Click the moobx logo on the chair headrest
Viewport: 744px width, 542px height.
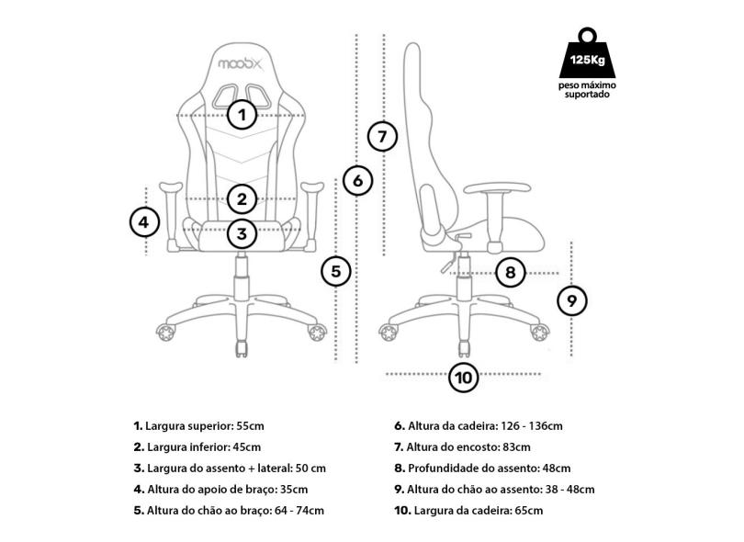tap(240, 63)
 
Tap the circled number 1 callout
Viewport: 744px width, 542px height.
tap(242, 115)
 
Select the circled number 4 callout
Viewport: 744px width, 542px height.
tap(145, 221)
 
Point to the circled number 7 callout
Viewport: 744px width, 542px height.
tap(382, 137)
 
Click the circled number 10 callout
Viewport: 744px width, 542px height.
tap(464, 378)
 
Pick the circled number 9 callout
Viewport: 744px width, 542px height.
tap(571, 301)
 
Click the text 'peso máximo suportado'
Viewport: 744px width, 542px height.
tap(588, 90)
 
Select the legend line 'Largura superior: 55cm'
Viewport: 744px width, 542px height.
tap(198, 425)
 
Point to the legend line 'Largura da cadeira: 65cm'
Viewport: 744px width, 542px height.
tap(468, 511)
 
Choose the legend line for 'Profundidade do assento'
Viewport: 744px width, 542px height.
tap(482, 469)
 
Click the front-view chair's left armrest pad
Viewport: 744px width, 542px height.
tap(171, 186)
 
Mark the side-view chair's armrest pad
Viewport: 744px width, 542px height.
tap(497, 188)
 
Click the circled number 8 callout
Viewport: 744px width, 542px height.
tap(510, 273)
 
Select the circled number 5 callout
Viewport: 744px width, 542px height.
tap(336, 272)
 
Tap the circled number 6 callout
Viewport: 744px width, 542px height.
tap(358, 180)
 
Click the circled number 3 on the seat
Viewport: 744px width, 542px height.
tap(242, 233)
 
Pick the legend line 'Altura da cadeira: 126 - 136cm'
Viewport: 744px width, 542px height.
tap(479, 425)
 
